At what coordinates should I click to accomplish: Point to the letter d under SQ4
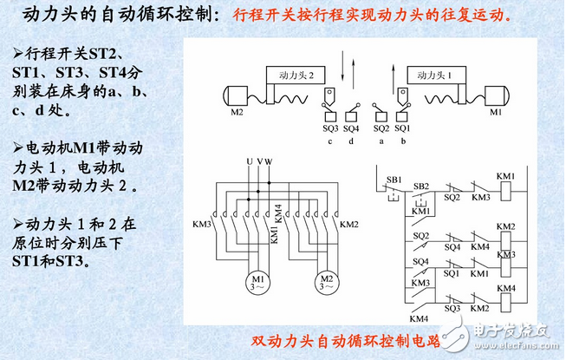click(x=351, y=141)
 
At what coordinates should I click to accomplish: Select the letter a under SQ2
click(x=380, y=141)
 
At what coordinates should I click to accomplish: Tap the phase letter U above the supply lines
click(x=249, y=162)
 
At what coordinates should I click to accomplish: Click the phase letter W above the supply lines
click(x=269, y=162)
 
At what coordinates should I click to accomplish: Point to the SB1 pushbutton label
click(x=394, y=179)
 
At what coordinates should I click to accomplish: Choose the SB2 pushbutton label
click(x=421, y=186)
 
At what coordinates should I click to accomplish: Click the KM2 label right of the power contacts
click(x=349, y=225)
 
